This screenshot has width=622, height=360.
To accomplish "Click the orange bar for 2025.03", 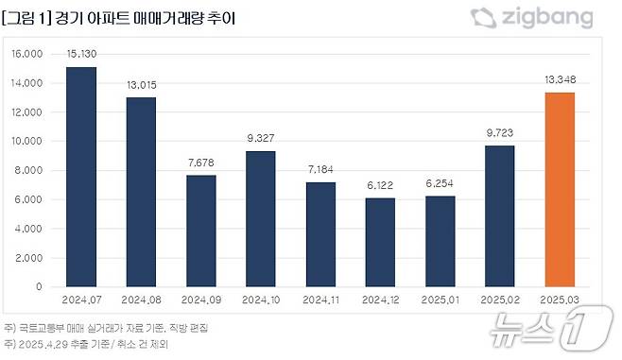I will point(559,189).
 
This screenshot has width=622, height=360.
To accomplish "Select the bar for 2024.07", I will point(82,177).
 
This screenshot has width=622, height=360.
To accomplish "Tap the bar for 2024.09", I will point(201,231).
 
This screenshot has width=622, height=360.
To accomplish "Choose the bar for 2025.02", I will point(499,215).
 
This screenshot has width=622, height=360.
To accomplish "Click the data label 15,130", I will point(82,55).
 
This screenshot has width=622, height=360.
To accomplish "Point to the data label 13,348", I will point(559,80).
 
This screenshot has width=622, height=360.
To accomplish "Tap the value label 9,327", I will point(261,139).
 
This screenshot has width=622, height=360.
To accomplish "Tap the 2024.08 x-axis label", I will point(142,300).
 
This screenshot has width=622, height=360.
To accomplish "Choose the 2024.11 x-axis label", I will point(320,300).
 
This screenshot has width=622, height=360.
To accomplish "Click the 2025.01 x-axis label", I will point(440,300).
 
